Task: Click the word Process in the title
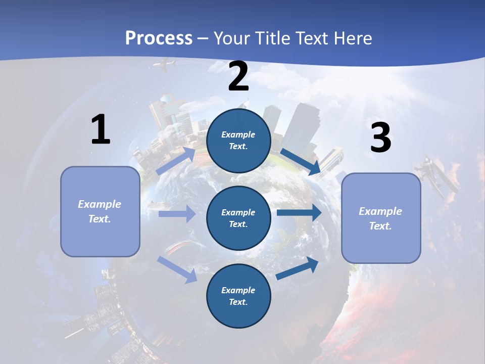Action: click(x=159, y=38)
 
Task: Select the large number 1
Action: click(x=101, y=130)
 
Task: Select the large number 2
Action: click(x=238, y=77)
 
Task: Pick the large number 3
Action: click(x=380, y=138)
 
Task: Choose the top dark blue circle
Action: click(x=238, y=141)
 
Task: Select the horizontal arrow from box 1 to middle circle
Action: click(x=177, y=214)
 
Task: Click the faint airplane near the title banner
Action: click(x=167, y=65)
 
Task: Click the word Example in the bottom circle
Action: click(x=238, y=290)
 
